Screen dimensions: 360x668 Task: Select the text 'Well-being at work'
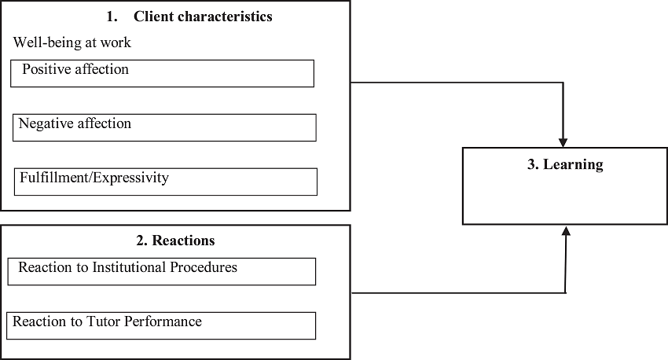tap(72, 42)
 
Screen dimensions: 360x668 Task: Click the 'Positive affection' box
tap(163, 73)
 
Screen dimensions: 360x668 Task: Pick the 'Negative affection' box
tap(164, 127)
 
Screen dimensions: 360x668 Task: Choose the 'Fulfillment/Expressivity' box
tap(166, 182)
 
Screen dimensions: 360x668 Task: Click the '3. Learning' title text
tap(565, 164)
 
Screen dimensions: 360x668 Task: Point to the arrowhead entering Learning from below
tap(565, 231)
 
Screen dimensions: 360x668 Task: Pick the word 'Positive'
tap(46, 69)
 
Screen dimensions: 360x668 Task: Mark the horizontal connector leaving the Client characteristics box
tap(456, 83)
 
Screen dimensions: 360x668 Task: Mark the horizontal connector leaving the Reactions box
tap(456, 293)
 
